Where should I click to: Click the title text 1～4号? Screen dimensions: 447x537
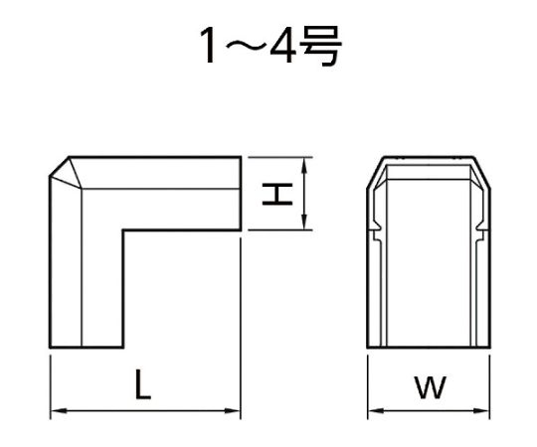point(268,48)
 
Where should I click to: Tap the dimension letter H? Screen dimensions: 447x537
point(283,193)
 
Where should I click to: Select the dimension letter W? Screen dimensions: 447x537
point(430,388)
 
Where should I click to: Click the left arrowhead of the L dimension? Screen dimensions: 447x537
point(55,409)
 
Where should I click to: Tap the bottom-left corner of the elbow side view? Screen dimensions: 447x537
point(50,350)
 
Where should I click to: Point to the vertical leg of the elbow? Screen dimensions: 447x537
point(86,288)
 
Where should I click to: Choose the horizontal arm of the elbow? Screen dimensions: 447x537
point(179,194)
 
